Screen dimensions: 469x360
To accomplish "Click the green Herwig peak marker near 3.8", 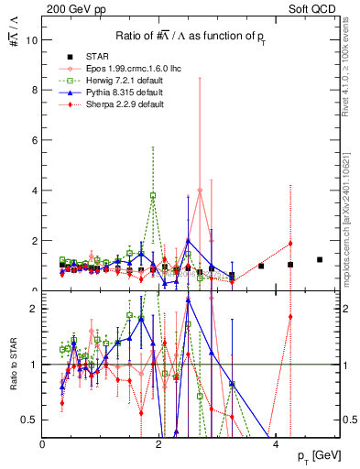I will coord(153,195).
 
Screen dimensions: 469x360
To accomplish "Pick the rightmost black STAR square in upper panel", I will coord(320,260).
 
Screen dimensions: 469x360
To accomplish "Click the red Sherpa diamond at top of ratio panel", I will coord(290,317).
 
